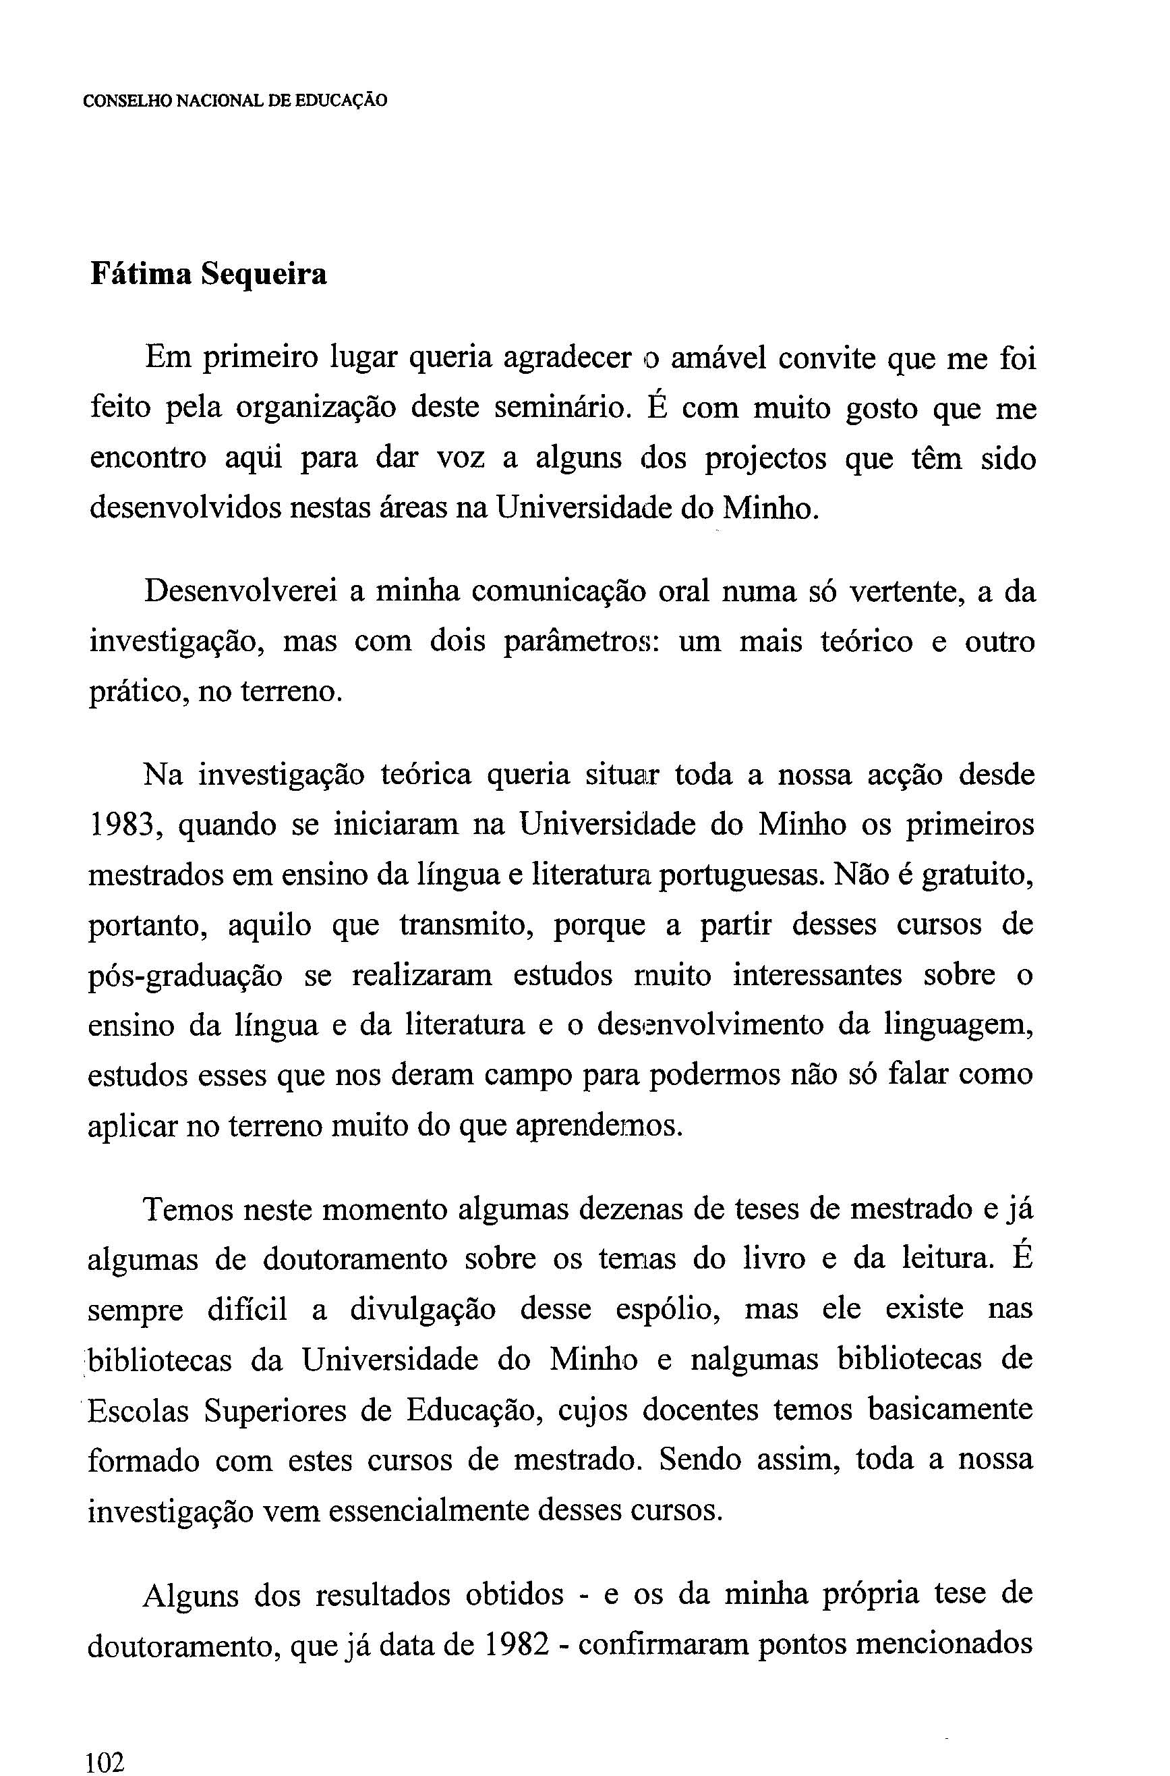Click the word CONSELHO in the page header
[127, 101]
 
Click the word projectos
[765, 458]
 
